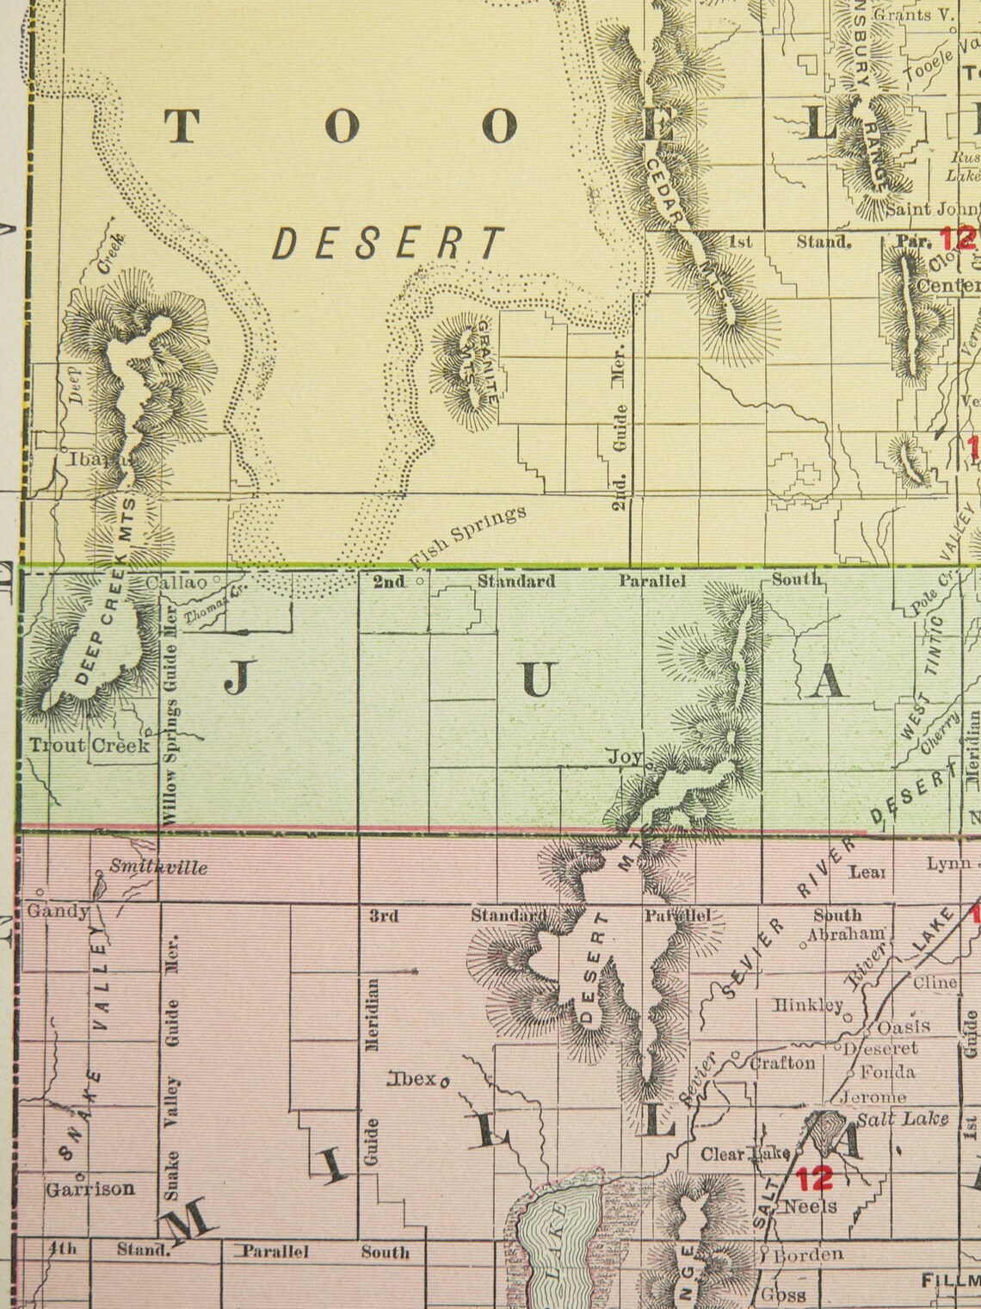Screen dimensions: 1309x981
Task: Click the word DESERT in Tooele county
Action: (386, 244)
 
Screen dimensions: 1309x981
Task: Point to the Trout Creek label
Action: (89, 745)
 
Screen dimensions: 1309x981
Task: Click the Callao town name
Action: (176, 583)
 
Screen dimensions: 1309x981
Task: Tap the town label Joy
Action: (625, 757)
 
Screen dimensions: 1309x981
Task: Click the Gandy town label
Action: (58, 911)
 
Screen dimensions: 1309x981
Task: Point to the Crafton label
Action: (781, 1063)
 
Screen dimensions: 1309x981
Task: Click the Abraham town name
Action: (847, 934)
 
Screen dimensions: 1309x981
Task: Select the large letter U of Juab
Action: (537, 680)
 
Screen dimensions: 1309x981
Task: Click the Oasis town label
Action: (903, 1027)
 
